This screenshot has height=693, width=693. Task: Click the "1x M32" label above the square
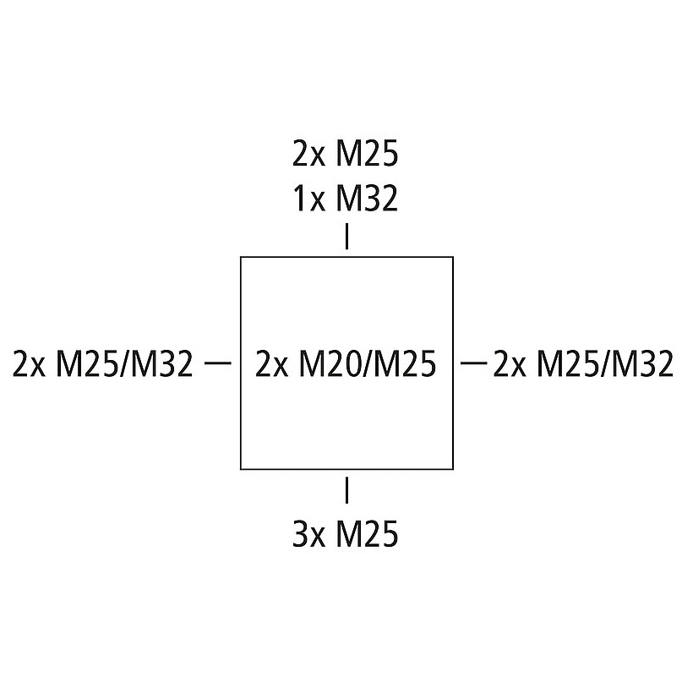[x=345, y=199]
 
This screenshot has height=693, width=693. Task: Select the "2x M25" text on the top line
[x=345, y=156]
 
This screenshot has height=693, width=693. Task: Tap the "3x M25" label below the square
[x=345, y=535]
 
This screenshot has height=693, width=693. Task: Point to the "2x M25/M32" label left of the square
[x=103, y=364]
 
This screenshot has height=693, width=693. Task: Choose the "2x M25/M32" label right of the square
[x=583, y=364]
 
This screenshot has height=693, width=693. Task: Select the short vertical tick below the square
[x=346, y=490]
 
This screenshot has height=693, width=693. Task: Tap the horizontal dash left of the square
[x=218, y=363]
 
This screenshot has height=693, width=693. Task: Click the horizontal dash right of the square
[x=474, y=363]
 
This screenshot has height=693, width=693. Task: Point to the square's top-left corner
[x=242, y=257]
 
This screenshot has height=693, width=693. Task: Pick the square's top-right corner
[x=453, y=257]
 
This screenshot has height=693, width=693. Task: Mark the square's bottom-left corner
[x=242, y=468]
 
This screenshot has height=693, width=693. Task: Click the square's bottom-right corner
[x=453, y=468]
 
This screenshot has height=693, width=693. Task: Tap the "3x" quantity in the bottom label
[x=308, y=535]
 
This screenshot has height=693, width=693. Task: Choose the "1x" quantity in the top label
[x=308, y=199]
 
